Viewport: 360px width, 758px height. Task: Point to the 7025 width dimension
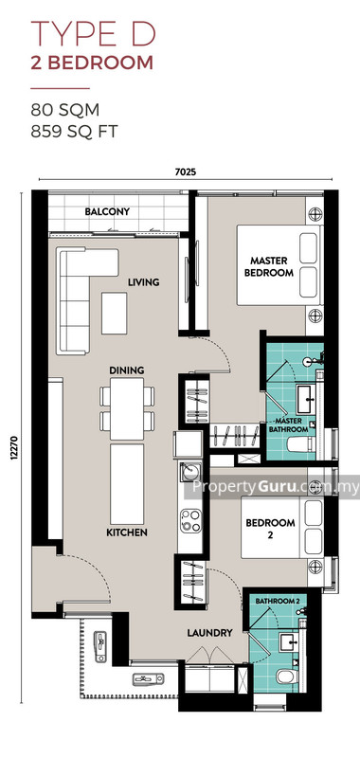(187, 173)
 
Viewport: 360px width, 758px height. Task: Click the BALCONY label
(107, 211)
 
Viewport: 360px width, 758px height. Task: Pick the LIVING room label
(144, 282)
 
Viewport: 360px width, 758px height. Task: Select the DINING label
(126, 370)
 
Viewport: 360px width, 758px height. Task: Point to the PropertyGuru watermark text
(276, 488)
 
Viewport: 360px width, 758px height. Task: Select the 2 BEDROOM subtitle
(93, 63)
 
